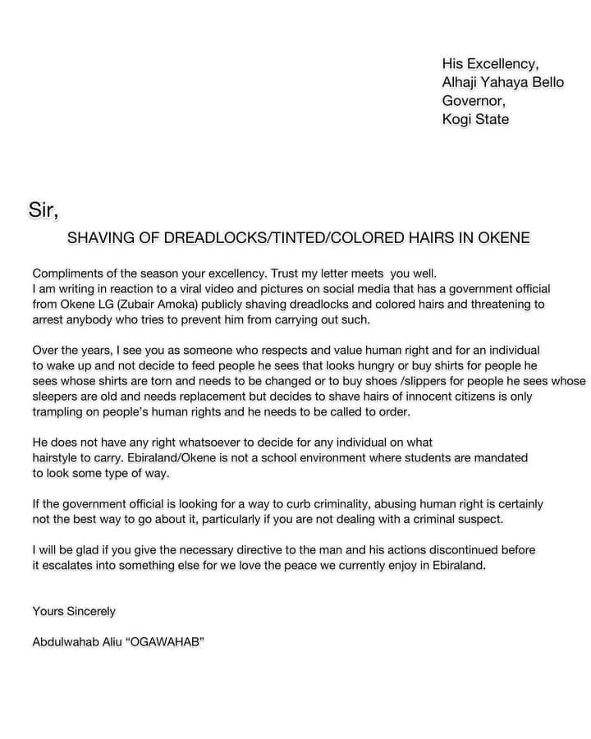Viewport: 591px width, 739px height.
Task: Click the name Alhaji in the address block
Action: [x=464, y=82]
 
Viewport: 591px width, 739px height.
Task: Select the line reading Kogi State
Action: [x=475, y=120]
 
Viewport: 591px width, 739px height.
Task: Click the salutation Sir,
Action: [x=44, y=211]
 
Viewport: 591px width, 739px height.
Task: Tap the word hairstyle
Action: [x=58, y=458]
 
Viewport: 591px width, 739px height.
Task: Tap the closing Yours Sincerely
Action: [x=74, y=611]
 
